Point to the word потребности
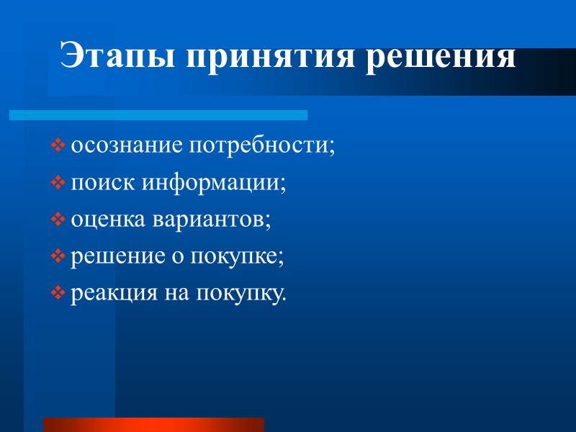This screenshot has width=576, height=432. click(x=261, y=146)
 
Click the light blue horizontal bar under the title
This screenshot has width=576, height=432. click(x=158, y=115)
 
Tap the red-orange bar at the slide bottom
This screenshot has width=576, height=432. click(x=153, y=424)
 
